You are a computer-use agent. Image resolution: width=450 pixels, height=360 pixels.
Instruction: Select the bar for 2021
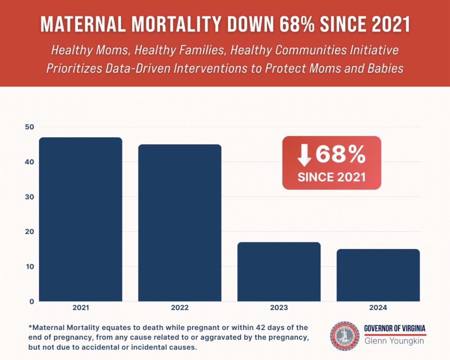[81, 219]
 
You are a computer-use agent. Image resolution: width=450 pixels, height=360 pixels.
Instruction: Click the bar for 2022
[180, 223]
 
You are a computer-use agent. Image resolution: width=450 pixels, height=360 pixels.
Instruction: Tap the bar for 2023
[279, 272]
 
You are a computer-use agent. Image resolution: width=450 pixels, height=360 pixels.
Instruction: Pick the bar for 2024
[378, 275]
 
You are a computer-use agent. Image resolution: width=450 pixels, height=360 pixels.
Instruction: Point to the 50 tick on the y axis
[30, 127]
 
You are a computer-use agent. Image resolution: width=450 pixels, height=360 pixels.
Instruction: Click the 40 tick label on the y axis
[30, 162]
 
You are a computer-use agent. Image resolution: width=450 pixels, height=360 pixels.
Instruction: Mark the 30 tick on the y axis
[30, 197]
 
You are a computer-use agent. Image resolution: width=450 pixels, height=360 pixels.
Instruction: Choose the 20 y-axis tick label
[30, 232]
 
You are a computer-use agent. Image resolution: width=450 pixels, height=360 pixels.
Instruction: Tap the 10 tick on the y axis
[30, 267]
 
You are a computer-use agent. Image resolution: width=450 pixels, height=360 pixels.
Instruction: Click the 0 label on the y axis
[32, 301]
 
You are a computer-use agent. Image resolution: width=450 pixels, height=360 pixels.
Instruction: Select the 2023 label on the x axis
[279, 308]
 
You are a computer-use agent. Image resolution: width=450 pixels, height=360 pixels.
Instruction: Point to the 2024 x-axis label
[378, 308]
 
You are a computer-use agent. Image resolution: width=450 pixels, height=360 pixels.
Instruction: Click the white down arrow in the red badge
[304, 155]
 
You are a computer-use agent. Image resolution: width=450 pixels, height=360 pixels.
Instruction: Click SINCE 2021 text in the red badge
[331, 177]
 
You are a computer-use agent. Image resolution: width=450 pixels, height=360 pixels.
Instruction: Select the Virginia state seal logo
[345, 335]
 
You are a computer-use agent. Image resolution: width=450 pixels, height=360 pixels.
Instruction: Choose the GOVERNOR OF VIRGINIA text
[395, 328]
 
